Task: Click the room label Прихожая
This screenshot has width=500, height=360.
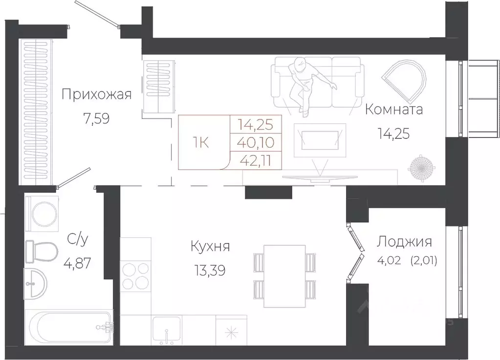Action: tap(96, 94)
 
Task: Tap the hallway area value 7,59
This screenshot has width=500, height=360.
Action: tap(96, 119)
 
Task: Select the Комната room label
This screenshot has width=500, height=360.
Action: tap(394, 109)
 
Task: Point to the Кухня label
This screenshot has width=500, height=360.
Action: tap(210, 246)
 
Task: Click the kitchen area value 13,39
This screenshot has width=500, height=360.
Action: tap(209, 271)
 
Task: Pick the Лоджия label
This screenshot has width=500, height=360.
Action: tap(404, 241)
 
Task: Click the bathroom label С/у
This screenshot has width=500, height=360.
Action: tap(77, 240)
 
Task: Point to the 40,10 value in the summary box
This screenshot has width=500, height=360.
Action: tap(256, 143)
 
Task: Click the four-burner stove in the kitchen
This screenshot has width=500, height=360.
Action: tap(135, 276)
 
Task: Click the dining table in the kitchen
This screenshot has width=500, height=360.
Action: tap(284, 276)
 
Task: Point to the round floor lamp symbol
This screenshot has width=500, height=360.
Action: tap(422, 167)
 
